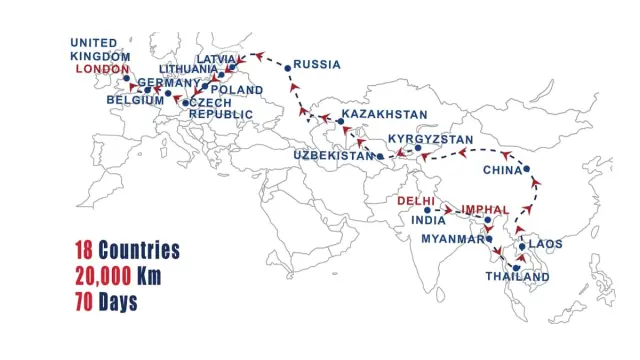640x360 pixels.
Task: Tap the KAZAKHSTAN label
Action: click(384, 116)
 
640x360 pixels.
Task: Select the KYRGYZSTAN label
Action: click(431, 138)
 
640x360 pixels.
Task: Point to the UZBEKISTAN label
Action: click(334, 156)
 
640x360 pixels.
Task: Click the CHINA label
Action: click(503, 170)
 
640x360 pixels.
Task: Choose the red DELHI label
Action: click(416, 201)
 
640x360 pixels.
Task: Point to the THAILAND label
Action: click(517, 277)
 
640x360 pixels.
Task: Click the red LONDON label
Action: click(102, 69)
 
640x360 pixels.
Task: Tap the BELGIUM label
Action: click(135, 100)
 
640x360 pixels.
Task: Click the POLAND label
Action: click(237, 90)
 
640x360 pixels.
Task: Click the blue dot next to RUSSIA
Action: click(288, 67)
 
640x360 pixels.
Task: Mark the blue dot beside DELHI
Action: click(428, 211)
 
